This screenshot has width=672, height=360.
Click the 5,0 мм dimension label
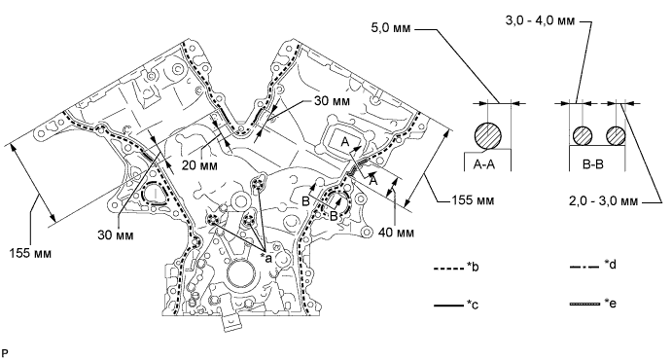pos(391,28)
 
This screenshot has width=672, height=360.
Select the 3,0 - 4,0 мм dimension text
pos(540,20)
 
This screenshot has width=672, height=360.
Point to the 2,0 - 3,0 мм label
pos(603,201)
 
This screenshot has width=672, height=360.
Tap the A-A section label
pos(484,164)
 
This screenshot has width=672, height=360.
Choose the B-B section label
pos(592,164)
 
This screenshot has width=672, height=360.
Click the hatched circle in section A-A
pos(488,136)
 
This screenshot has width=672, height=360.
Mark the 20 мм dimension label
pos(199,165)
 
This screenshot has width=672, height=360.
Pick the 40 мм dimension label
pos(397,233)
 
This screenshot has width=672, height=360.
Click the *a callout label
pos(266,258)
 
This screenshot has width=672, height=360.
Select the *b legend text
pos(473,268)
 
